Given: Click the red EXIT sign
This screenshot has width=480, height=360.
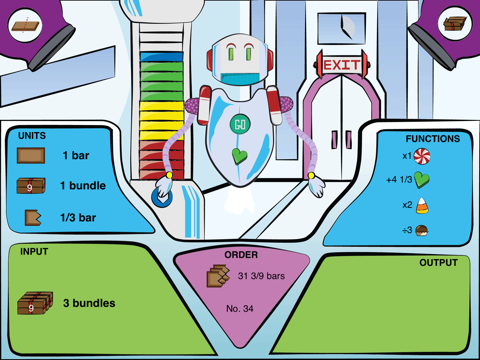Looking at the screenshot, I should coord(335,65).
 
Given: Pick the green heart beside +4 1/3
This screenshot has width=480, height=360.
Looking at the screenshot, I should coord(422,180).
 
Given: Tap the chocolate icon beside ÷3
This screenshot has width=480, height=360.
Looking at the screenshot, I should coord(422,230).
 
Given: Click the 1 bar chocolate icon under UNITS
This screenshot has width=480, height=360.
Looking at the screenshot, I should coord(31,156).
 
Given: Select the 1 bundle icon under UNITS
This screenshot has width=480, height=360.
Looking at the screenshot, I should coord(30,186).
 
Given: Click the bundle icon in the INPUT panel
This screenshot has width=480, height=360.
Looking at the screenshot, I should coord(32,303).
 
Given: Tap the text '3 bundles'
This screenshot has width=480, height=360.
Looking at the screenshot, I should coord(89,303).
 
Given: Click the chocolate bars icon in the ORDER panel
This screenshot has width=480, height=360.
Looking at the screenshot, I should coord(218,276).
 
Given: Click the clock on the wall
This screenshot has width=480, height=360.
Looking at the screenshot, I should coord(344,24).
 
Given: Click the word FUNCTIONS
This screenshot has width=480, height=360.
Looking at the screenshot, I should coord(432,139).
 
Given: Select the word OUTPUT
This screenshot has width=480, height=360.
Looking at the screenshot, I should coord(438,262).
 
